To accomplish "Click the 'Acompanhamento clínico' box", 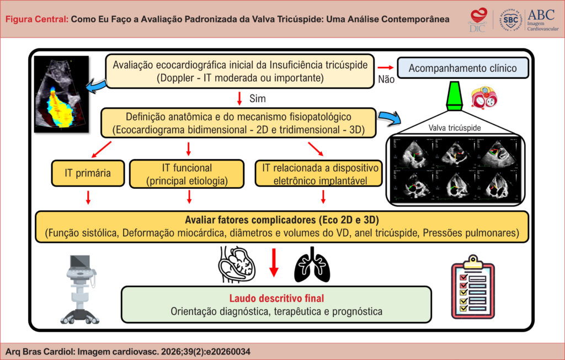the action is pos(463,68).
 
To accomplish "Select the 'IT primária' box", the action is pos(88,173).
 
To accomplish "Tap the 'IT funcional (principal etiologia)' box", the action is pos(186,174).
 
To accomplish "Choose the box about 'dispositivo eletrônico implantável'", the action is pos(318,174).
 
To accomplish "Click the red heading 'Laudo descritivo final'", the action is pos(277,298).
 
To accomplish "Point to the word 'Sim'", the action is pos(257,98).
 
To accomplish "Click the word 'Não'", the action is pos(386,80).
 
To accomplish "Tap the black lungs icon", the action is pos(312,264).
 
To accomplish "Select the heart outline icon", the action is pos(237,264).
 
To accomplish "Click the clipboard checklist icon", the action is pos(473,287).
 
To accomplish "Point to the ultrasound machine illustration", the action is pos(80,289).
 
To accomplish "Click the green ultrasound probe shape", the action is pos(455,96).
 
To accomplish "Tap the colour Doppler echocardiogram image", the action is pos(61,94).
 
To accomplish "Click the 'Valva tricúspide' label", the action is pos(455,128).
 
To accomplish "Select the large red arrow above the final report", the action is pos(274,263).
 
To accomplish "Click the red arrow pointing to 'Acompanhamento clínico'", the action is pos(386,67).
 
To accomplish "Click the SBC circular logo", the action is pos(510,20).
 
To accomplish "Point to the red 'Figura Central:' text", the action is pos(37,19).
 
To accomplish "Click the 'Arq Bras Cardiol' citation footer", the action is pos(128,351).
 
